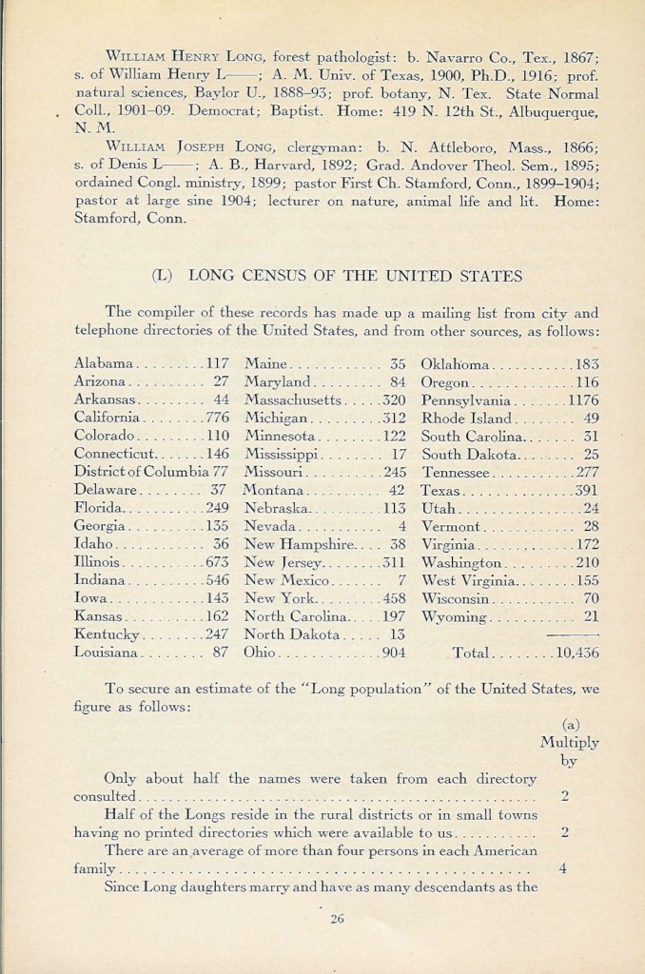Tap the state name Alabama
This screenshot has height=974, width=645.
click(x=102, y=363)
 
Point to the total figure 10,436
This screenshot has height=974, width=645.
click(x=577, y=653)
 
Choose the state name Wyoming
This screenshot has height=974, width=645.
click(x=453, y=617)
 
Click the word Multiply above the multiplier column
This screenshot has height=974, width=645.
click(x=569, y=743)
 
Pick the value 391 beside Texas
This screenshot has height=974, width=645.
click(x=583, y=491)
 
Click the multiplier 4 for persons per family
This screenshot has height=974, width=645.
click(x=564, y=868)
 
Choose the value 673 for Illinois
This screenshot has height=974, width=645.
click(x=217, y=563)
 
